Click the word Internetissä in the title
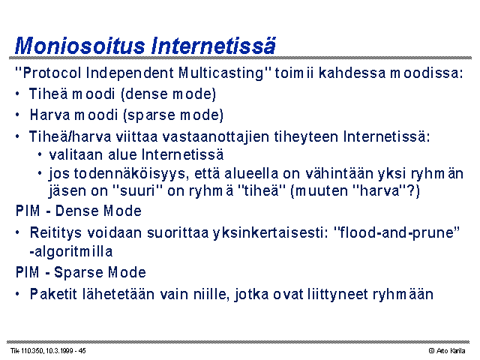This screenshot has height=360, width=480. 214,46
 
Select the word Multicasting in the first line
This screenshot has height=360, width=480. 221,73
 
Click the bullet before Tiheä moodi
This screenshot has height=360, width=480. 17,94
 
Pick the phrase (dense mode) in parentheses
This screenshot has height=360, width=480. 169,94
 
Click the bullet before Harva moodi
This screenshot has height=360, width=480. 17,115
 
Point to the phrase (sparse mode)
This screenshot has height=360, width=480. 173,115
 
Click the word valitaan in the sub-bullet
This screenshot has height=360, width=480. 76,154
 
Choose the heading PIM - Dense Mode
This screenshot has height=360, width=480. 79,211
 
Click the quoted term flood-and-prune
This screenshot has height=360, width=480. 397,233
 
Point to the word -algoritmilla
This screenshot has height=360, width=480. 71,252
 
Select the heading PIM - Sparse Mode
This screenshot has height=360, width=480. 81,272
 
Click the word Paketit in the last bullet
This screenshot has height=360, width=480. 53,294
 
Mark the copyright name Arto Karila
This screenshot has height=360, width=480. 451,351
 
